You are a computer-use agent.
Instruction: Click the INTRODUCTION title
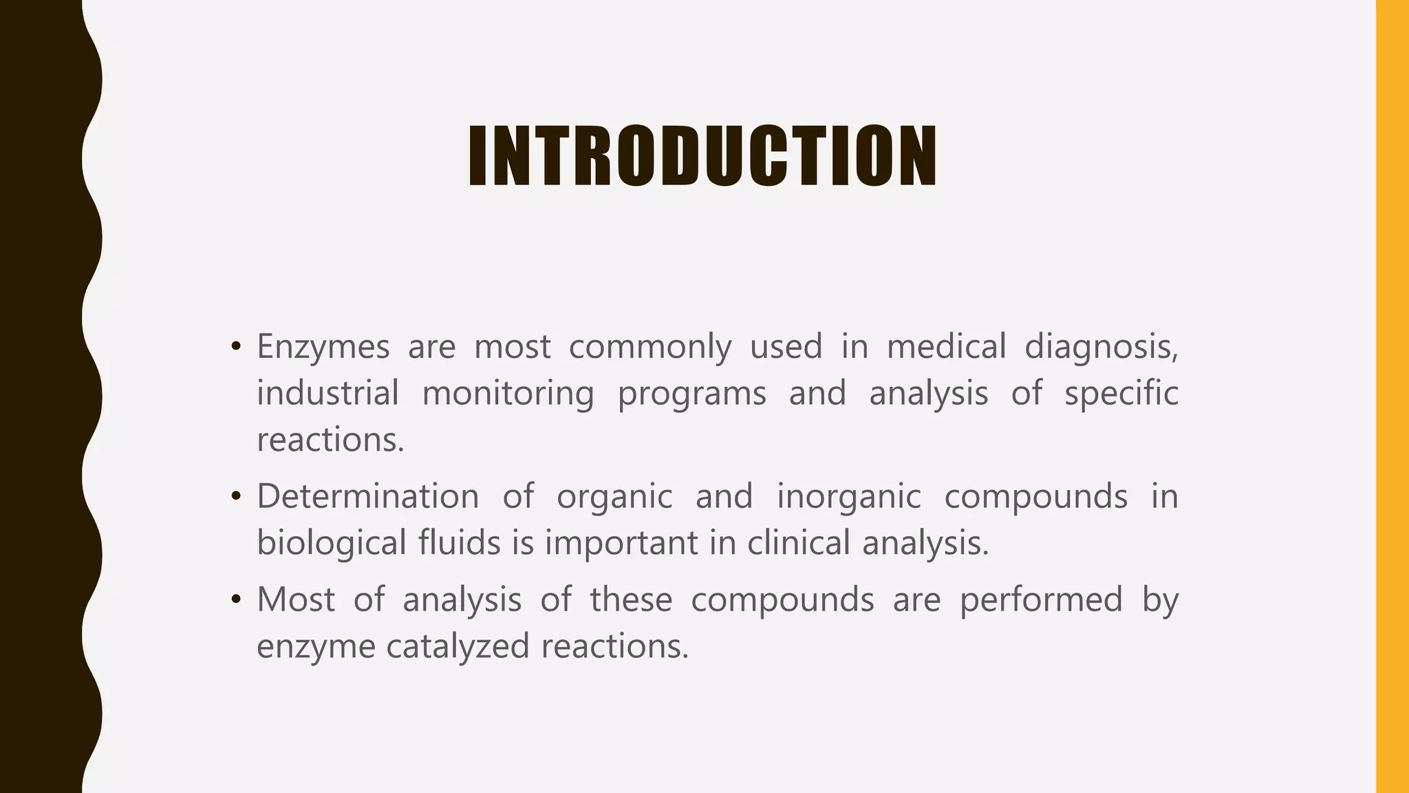point(702,156)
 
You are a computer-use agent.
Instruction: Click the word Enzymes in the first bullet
point(323,346)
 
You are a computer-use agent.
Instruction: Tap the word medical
point(946,346)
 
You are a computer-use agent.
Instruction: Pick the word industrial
point(327,393)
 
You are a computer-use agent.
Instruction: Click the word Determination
point(367,496)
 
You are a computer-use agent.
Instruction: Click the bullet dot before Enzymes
point(236,346)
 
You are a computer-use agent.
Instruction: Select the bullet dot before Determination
point(236,496)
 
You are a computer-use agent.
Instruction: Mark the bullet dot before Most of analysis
point(236,600)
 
